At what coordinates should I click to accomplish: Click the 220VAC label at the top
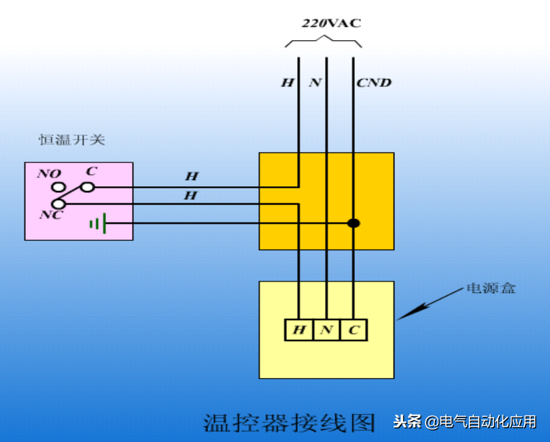(331, 23)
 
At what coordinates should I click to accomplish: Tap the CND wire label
(374, 83)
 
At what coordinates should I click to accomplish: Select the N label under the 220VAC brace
(315, 83)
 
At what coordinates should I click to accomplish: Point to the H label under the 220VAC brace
(288, 83)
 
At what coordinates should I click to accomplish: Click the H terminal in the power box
(299, 330)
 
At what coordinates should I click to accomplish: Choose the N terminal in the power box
(326, 330)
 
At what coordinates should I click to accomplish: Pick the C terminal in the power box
(354, 330)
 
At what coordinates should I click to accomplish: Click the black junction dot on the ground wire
(354, 223)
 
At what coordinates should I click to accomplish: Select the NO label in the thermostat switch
(49, 173)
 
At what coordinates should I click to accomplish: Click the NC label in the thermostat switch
(51, 215)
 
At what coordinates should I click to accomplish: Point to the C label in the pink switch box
(92, 172)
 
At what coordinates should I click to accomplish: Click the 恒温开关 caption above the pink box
(72, 141)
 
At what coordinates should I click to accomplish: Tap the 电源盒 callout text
(490, 288)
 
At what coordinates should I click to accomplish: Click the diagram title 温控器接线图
(289, 422)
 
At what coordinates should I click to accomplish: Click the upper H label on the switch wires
(192, 176)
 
